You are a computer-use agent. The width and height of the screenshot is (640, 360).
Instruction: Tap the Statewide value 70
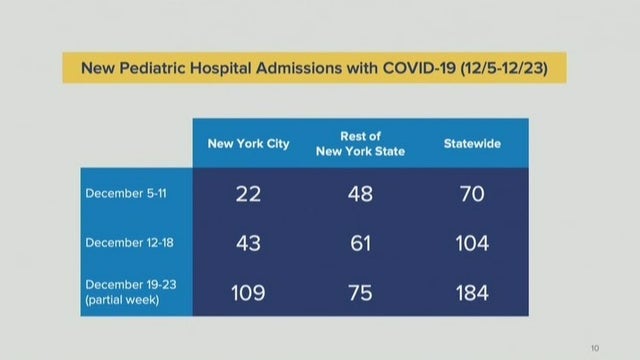[472, 193]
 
